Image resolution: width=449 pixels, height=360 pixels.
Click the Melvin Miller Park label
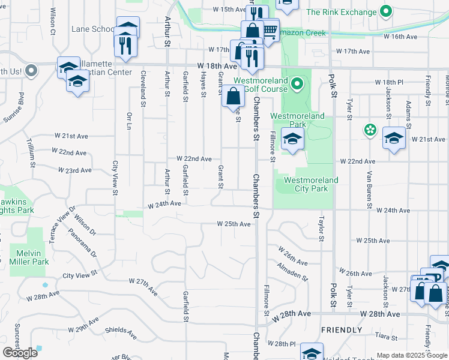click(29, 257)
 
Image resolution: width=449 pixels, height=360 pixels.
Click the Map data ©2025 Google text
click(412, 355)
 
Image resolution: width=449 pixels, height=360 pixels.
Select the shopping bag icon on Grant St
click(233, 95)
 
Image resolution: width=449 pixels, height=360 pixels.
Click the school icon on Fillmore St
click(293, 139)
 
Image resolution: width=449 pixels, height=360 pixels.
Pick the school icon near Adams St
click(394, 139)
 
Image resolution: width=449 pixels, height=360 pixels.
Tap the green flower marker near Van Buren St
click(370, 130)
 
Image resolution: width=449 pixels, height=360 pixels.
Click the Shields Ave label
click(118, 330)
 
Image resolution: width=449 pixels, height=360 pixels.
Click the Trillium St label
click(29, 152)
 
